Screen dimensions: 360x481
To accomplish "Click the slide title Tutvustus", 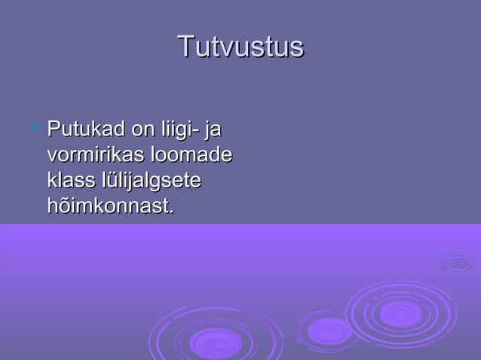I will click(x=240, y=47).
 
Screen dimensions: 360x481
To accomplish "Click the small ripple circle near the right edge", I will click(x=458, y=262).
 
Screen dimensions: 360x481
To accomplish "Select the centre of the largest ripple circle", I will click(x=400, y=313).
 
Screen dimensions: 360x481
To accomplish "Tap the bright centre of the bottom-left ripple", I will click(x=215, y=343).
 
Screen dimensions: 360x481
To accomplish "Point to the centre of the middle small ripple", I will click(x=329, y=330).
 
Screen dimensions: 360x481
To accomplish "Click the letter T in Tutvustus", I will click(x=185, y=47).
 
